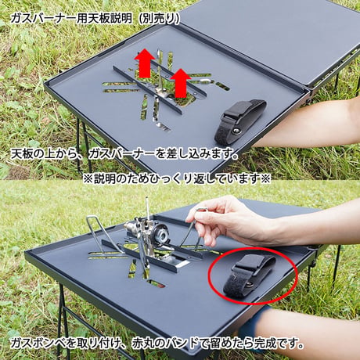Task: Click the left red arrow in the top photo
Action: point(145,63)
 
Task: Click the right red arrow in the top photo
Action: point(181,83)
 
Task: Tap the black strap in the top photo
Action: point(239,121)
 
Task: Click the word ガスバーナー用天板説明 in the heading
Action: point(71,19)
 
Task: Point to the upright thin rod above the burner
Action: point(148,209)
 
